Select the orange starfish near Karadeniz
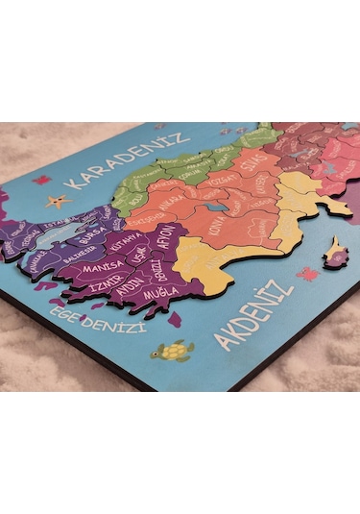click(60, 201)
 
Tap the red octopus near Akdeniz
click(307, 274)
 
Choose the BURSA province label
click(92, 234)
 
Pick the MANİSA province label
click(102, 267)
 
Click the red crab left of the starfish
click(41, 180)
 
